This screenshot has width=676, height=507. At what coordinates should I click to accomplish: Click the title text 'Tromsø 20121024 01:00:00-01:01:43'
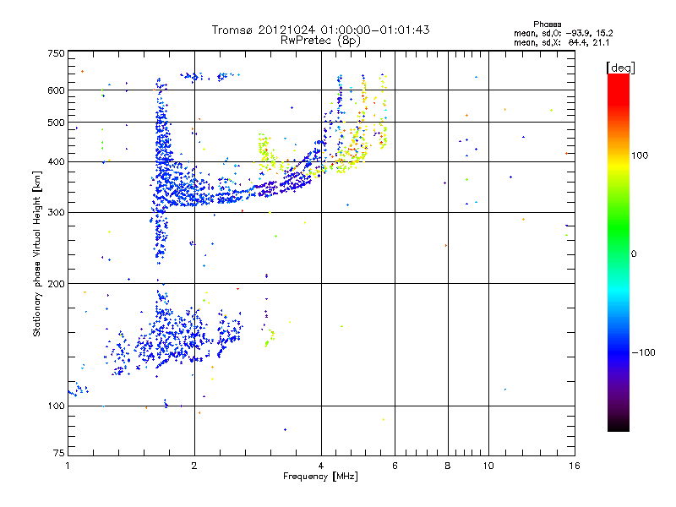point(320,30)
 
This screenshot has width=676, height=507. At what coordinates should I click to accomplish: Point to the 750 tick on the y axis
point(56,53)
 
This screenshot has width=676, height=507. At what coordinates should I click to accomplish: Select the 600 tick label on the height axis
point(56,90)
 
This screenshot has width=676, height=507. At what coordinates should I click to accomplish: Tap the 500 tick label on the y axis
point(56,123)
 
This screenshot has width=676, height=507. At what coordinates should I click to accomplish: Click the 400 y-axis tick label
point(56,161)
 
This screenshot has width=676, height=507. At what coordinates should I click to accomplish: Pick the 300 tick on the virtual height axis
point(56,212)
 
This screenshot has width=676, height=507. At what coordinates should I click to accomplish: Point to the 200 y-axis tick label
point(56,283)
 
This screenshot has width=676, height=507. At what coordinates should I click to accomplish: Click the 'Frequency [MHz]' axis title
point(320,477)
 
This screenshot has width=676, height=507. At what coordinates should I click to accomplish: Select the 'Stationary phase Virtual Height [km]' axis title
point(37,253)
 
